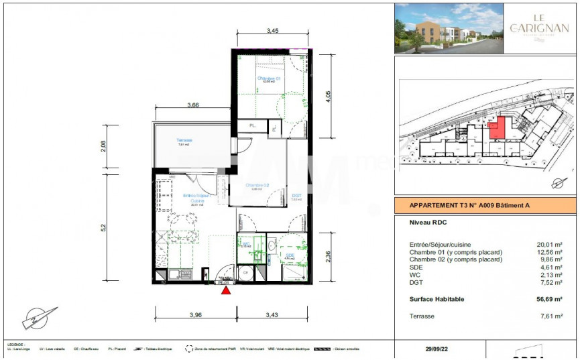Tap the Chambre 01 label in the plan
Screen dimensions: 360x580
(270, 78)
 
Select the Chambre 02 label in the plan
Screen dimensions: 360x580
(257, 186)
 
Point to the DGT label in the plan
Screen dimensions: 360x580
(297, 196)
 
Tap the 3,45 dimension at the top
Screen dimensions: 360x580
(272, 31)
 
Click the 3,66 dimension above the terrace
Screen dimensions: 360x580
(193, 105)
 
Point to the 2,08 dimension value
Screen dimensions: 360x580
(103, 145)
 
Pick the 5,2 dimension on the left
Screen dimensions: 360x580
(103, 227)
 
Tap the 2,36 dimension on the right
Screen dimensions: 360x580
(328, 258)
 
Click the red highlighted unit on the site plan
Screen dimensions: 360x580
(497, 127)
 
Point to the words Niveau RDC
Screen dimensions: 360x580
(428, 222)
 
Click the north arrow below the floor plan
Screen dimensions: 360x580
(36, 318)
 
